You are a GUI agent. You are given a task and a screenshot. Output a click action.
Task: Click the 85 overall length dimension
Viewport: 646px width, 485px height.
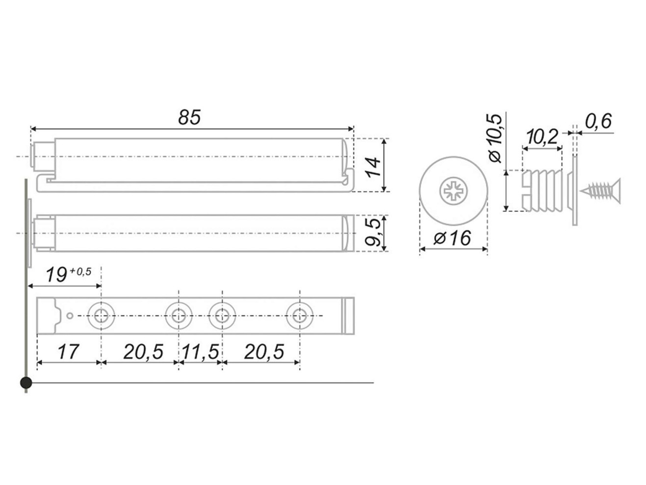pyautogui.click(x=189, y=117)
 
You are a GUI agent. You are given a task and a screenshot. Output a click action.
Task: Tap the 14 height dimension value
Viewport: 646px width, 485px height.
pyautogui.click(x=373, y=167)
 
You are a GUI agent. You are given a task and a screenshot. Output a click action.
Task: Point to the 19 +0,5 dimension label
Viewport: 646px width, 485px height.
pyautogui.click(x=69, y=275)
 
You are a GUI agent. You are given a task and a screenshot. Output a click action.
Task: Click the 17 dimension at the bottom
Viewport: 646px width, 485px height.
pyautogui.click(x=68, y=352)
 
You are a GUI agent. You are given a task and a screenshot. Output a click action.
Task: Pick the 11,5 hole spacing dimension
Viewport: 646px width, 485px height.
pyautogui.click(x=201, y=352)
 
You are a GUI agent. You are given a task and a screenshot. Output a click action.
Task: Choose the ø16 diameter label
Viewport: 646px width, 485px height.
pyautogui.click(x=452, y=238)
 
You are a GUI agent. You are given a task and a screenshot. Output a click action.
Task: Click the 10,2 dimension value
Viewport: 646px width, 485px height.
pyautogui.click(x=542, y=137)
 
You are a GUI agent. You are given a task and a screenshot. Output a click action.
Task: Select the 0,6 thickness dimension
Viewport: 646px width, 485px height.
pyautogui.click(x=598, y=121)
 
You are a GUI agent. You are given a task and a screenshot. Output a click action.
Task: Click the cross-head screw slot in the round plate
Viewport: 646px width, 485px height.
pyautogui.click(x=453, y=191)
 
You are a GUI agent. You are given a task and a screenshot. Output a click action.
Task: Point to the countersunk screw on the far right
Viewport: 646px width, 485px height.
pyautogui.click(x=600, y=191)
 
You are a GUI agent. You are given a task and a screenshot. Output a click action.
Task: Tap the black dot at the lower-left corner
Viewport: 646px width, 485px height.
pyautogui.click(x=26, y=383)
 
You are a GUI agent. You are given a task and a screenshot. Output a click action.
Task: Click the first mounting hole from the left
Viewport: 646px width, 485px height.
pyautogui.click(x=101, y=316)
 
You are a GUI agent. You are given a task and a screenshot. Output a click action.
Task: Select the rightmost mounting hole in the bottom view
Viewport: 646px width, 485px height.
pyautogui.click(x=300, y=316)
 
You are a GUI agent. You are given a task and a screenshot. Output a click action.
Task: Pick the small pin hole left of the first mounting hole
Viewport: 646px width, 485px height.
pyautogui.click(x=70, y=316)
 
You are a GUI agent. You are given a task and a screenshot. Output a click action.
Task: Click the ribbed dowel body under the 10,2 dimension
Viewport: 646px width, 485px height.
pyautogui.click(x=542, y=191)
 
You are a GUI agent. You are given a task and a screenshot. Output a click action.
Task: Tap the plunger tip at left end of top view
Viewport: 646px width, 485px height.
pyautogui.click(x=33, y=156)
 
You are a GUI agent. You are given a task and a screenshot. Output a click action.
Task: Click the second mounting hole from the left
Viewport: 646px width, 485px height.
pyautogui.click(x=179, y=316)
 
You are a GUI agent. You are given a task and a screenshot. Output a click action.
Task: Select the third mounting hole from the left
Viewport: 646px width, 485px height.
pyautogui.click(x=222, y=316)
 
